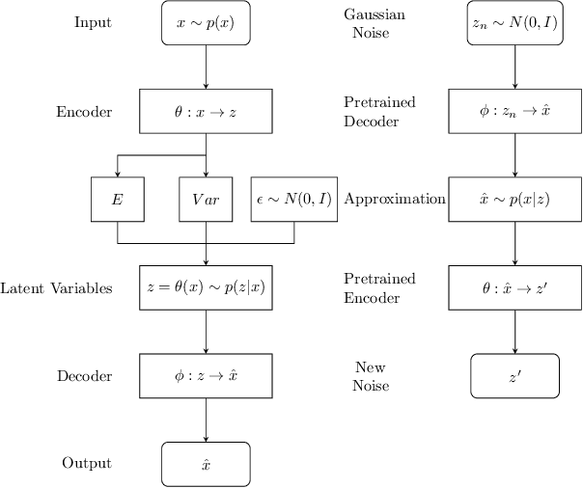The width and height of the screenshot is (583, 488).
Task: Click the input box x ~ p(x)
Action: tap(206, 22)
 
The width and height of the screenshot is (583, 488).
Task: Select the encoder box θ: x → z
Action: tap(206, 111)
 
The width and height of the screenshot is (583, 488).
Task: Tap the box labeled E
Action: tap(117, 200)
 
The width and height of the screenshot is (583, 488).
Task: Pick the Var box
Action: tap(206, 200)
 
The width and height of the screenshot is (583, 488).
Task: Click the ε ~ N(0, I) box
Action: tap(293, 200)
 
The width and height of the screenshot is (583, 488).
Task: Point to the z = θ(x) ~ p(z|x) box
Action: tap(206, 288)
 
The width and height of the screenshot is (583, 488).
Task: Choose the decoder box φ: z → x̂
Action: tap(206, 376)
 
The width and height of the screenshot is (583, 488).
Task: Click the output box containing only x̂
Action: tap(206, 464)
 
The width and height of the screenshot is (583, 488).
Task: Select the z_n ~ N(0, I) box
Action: tap(514, 22)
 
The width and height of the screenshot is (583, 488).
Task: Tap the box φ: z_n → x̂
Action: tap(514, 111)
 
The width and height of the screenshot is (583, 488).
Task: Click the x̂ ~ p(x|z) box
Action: tap(514, 200)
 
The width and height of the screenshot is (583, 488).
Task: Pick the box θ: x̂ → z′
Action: tap(514, 288)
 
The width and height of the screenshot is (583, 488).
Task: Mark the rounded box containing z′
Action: tap(514, 376)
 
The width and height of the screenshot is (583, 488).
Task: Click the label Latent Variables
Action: tap(56, 288)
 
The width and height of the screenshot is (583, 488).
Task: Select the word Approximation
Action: tap(394, 200)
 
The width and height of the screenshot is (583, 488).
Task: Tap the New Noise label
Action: tap(372, 376)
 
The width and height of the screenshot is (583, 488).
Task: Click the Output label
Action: tap(87, 464)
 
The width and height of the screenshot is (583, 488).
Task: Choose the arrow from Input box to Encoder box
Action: tap(206, 67)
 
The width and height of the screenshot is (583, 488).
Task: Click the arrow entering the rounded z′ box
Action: tap(514, 332)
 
